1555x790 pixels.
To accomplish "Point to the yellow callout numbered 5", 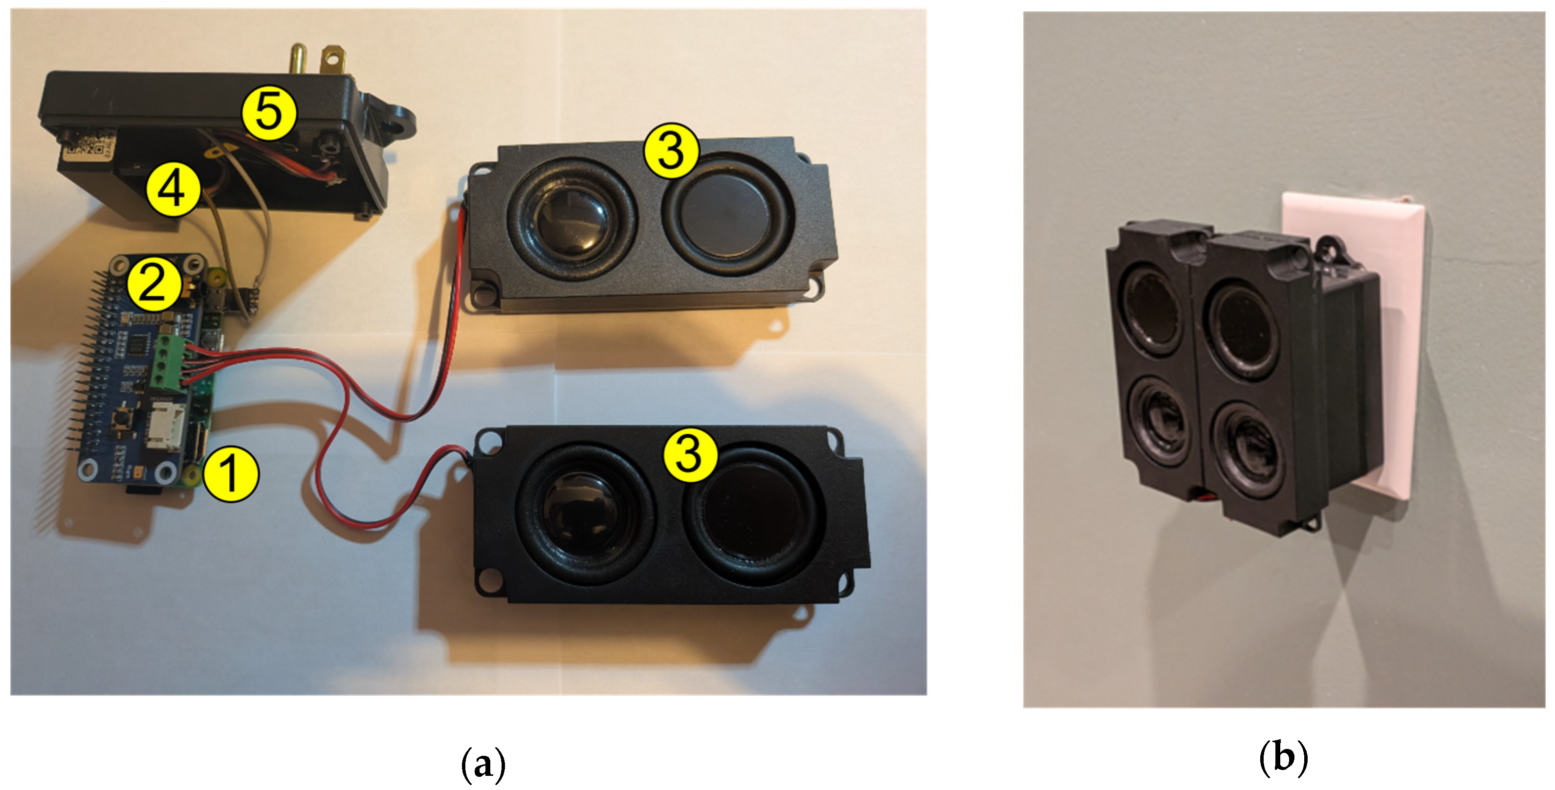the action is (269, 113).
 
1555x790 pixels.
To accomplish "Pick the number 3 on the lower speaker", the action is (689, 454).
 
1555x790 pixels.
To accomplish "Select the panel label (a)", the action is (482, 765).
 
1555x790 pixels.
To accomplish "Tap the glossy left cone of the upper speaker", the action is (570, 220).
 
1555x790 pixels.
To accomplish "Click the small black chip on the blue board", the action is (138, 344).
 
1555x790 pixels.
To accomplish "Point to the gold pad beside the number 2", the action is (215, 279).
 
